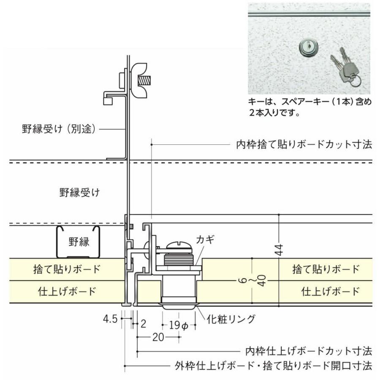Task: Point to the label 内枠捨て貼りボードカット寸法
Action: tap(304, 144)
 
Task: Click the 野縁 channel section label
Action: tap(79, 242)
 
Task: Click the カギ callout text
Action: tap(206, 239)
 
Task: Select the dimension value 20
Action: tap(158, 337)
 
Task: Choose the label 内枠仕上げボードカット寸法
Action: tap(308, 351)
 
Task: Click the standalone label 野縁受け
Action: tap(79, 193)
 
